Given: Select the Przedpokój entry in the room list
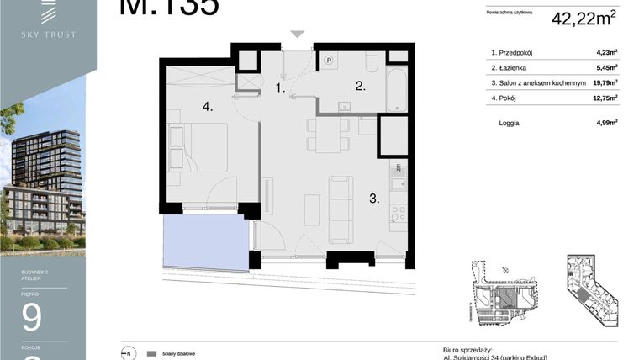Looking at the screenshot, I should click(x=516, y=52).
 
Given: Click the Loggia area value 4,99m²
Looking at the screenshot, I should click(x=606, y=123).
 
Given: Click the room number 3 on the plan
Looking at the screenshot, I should click(x=373, y=199).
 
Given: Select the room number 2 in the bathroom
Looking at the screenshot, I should click(x=359, y=85).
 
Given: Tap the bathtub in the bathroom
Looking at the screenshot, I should click(x=396, y=90).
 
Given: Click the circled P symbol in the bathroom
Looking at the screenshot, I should click(x=329, y=60).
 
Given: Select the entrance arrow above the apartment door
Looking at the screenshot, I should click(x=295, y=34).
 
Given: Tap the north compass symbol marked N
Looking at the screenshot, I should click(x=129, y=353).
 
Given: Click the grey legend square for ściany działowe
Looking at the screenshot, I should click(x=151, y=353).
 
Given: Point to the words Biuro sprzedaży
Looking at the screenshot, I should click(x=467, y=348).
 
